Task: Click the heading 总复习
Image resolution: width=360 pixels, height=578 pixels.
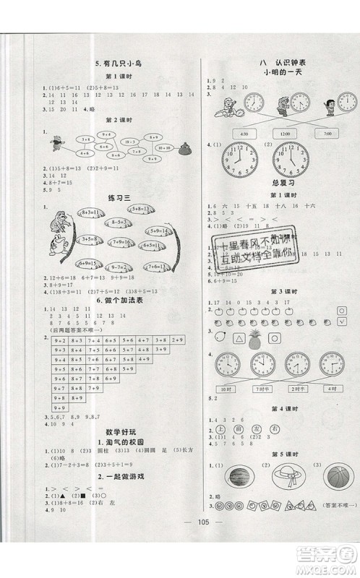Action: (x=269, y=184)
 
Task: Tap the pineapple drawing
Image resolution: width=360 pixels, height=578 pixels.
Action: (x=254, y=337)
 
